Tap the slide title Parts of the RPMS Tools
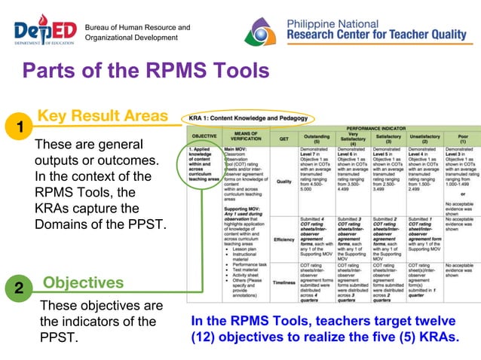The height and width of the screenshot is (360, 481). point(145,72)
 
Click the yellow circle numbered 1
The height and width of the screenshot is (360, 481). point(16,125)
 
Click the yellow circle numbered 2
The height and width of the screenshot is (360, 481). point(16,288)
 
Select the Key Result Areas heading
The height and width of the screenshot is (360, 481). point(103,116)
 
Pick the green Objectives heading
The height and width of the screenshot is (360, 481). point(83,282)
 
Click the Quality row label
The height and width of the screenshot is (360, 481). point(284,181)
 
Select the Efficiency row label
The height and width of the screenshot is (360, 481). point(284,239)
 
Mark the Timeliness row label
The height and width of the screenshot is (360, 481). point(284,282)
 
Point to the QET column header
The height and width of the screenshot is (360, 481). point(284,139)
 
